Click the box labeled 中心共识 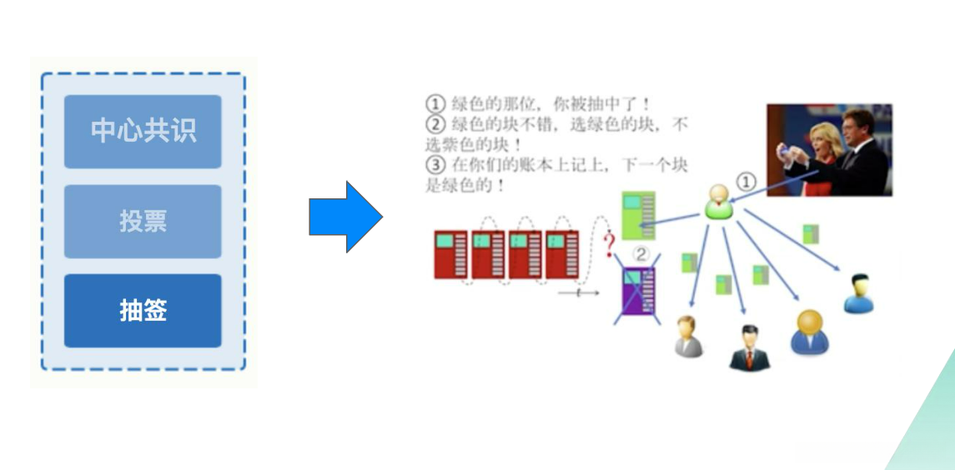point(143,131)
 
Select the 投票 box point(143,221)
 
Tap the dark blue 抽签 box point(143,311)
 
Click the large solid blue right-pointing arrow point(345,217)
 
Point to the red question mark point(610,242)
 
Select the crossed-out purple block point(636,291)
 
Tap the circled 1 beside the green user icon point(747,182)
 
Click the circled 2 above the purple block point(641,253)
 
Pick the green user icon point(716,202)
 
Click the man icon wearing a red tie point(749,348)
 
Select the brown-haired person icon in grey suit point(688,336)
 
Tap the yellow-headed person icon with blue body point(809,332)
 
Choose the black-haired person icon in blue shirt point(858,293)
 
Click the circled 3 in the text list point(435,165)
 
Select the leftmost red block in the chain point(451,255)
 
